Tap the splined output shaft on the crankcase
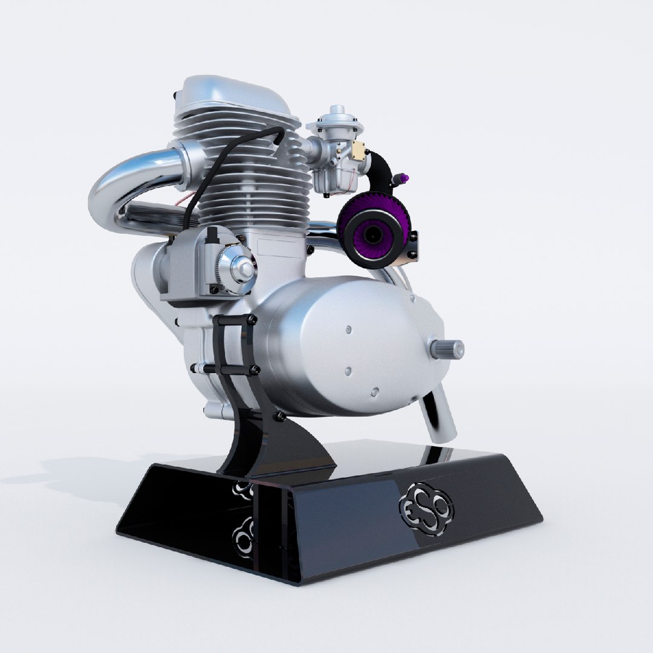(x=448, y=349)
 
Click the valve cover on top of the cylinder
(x=236, y=97)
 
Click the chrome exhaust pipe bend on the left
(x=115, y=181)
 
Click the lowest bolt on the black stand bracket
(x=279, y=417)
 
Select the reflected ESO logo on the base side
(x=244, y=532)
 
